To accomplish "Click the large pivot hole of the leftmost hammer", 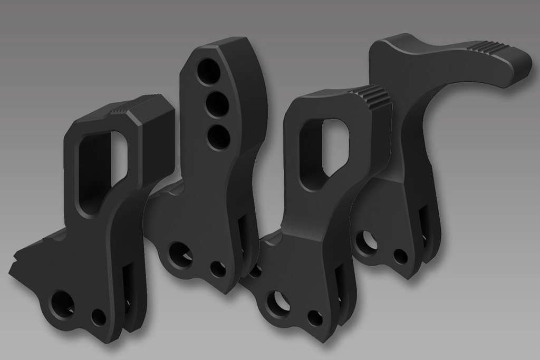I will click(x=62, y=304).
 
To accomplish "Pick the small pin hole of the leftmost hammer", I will click(x=98, y=317).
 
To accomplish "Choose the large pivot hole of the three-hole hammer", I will click(x=179, y=255).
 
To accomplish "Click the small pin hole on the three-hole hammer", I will click(x=216, y=268).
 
